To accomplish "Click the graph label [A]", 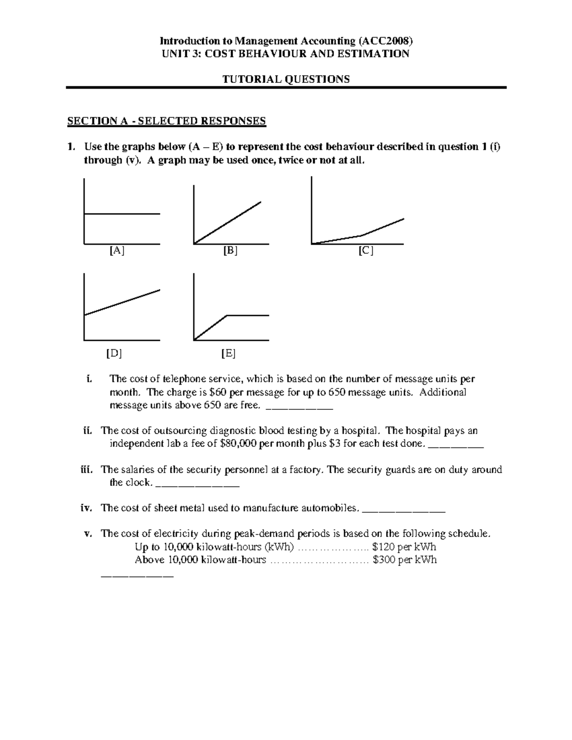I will pyautogui.click(x=117, y=251).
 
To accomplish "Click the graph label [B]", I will pyautogui.click(x=230, y=251).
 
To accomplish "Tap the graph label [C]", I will pyautogui.click(x=366, y=251).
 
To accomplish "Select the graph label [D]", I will pyautogui.click(x=114, y=354).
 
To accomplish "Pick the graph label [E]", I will pyautogui.click(x=228, y=354).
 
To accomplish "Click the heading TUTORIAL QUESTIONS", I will pyautogui.click(x=286, y=79).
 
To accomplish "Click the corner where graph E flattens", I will pyautogui.click(x=227, y=315).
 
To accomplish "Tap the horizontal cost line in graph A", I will pyautogui.click(x=122, y=214).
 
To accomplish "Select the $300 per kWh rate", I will pyautogui.click(x=405, y=560).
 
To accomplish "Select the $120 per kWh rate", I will pyautogui.click(x=404, y=547).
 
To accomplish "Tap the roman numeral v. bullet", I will pyautogui.click(x=88, y=534).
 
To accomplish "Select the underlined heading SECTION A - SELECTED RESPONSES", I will pyautogui.click(x=166, y=121).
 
